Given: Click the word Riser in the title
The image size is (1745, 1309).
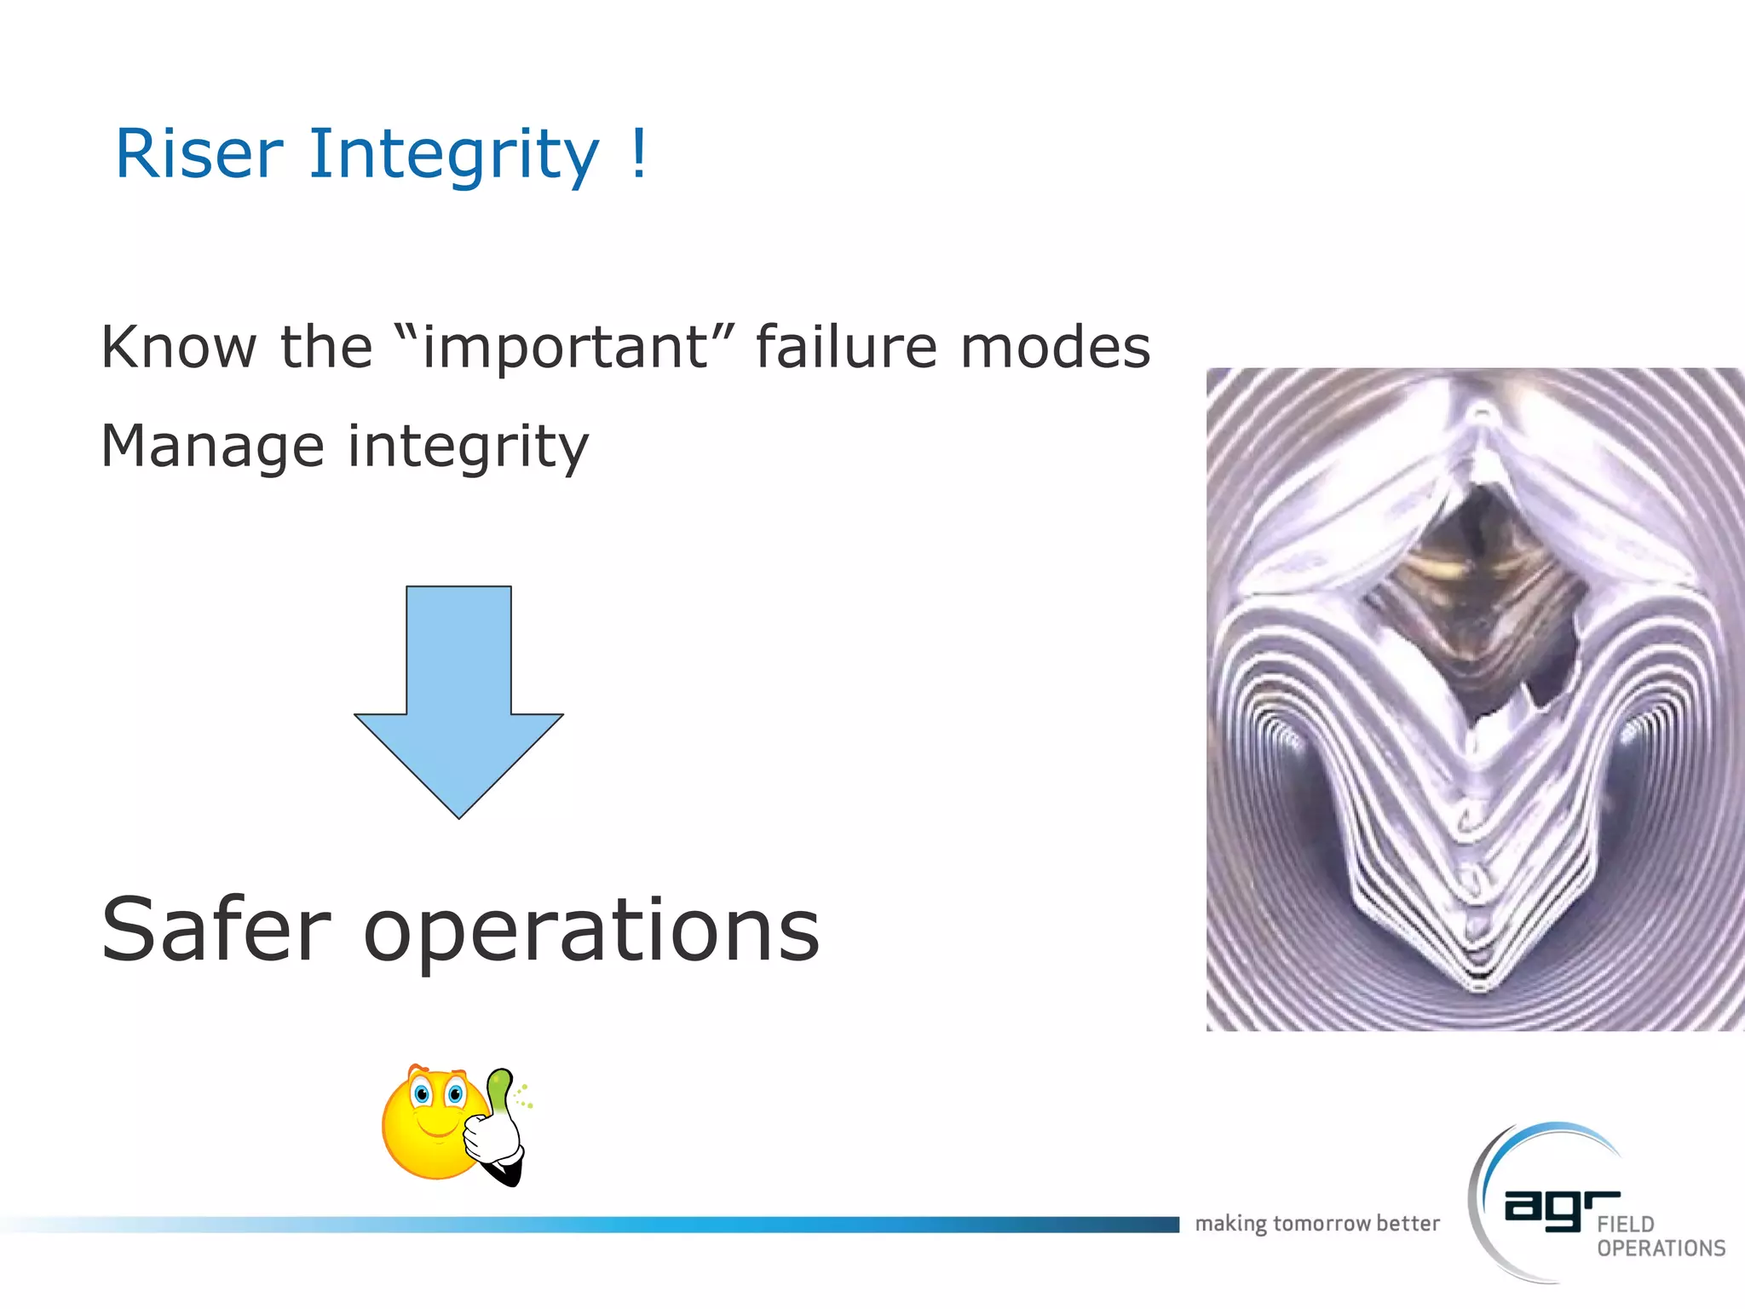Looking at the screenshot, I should coord(199,154).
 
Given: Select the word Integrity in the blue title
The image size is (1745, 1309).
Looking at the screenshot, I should coord(452,156).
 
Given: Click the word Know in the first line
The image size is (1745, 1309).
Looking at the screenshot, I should coord(178,347).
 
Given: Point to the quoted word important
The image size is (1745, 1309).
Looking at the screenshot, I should coord(565,348).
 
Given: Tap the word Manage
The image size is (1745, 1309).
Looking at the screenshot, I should coord(212,447).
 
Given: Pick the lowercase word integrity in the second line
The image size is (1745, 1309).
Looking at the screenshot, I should coord(468,447).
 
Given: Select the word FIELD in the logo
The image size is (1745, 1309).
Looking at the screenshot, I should coord(1626,1225).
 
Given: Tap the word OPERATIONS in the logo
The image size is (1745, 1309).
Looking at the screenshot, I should coord(1661,1248).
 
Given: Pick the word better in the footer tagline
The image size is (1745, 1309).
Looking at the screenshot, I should coord(1408,1224).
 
